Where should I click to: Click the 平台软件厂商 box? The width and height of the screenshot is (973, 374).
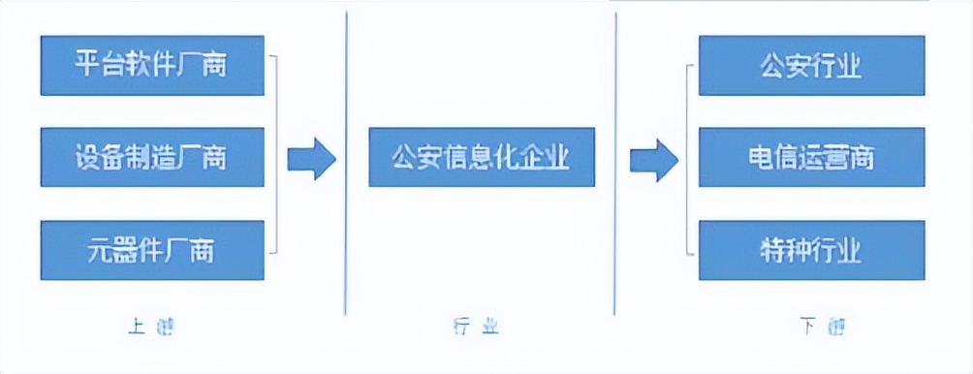153,66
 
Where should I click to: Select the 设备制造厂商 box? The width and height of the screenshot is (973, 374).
153,157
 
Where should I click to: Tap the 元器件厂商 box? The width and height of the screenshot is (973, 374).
153,250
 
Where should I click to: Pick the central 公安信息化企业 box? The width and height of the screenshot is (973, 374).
482,157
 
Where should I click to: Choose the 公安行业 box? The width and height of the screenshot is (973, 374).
811,66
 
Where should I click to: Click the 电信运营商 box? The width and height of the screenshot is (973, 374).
811,157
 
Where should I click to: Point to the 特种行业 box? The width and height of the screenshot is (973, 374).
811,250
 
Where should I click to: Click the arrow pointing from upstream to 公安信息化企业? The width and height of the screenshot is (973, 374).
311,159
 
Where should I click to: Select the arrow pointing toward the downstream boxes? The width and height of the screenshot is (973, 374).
653,159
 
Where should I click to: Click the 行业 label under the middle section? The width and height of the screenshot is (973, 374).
476,327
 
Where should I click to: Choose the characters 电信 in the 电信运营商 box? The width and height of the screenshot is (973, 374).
771,157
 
